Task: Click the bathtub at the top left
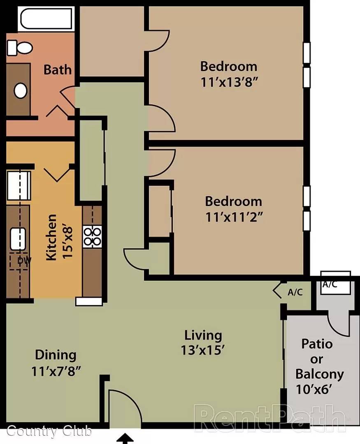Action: (46, 18)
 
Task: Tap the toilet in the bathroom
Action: (20, 48)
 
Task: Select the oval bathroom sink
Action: (21, 90)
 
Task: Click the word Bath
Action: (58, 69)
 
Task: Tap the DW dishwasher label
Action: (24, 260)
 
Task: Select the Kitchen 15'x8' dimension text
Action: (60, 237)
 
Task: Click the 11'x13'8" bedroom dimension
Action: (229, 82)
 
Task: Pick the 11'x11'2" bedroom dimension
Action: (234, 217)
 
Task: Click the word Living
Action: (203, 335)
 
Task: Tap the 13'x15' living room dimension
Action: (203, 350)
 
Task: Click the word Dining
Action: (56, 355)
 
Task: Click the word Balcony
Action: (319, 375)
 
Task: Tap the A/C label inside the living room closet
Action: (295, 292)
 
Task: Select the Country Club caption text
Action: (49, 431)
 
